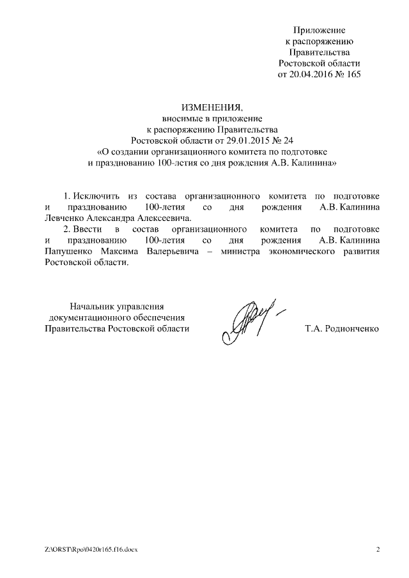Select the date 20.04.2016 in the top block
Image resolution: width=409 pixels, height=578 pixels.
tap(311, 74)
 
